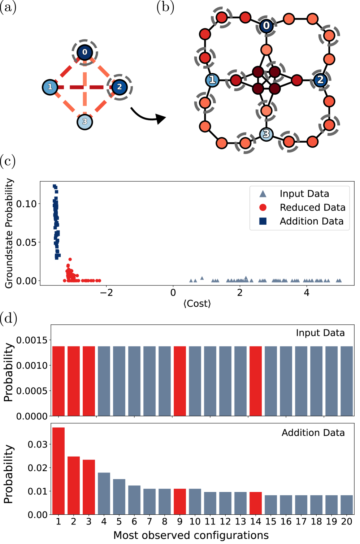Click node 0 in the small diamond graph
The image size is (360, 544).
tap(84, 52)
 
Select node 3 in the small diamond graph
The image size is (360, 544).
tap(84, 122)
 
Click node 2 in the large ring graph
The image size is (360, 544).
tap(320, 80)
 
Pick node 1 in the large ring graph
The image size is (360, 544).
tap(212, 80)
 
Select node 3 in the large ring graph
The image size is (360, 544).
tap(266, 134)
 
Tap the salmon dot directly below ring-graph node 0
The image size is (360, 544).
tap(266, 50)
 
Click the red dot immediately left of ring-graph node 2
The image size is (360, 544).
tap(297, 80)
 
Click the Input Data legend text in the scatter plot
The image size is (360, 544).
tap(304, 194)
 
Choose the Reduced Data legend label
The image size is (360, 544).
tap(312, 208)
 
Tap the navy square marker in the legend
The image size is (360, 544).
tap(263, 221)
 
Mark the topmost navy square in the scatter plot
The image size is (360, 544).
tap(55, 186)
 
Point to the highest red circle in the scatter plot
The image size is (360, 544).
tap(70, 259)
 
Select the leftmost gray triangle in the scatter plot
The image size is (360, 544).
tap(191, 280)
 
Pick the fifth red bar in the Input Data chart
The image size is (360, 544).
tap(256, 381)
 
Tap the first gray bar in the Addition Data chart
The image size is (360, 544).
tap(104, 493)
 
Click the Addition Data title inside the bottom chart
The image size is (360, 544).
tap(313, 433)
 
